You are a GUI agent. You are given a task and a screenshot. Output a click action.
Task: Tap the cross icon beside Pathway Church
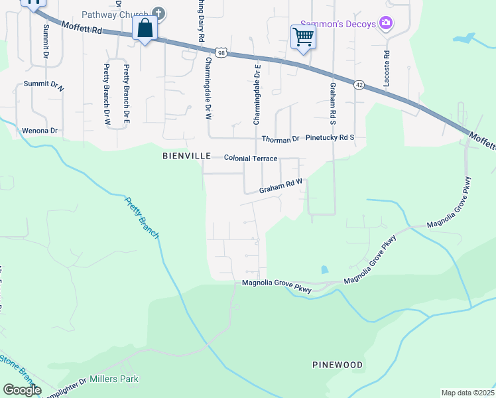[158, 13]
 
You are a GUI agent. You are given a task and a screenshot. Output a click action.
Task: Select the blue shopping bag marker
[145, 30]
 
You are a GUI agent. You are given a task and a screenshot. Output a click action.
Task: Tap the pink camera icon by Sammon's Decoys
[386, 25]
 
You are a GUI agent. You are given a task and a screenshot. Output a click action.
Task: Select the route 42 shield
[359, 84]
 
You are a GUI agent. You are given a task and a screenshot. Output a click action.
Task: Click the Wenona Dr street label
[40, 131]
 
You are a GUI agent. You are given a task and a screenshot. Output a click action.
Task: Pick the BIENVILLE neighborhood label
[186, 156]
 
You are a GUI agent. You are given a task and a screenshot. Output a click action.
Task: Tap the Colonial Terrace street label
[251, 158]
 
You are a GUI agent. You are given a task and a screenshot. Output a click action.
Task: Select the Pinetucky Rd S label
[330, 138]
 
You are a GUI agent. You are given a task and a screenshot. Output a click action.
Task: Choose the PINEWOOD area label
[338, 365]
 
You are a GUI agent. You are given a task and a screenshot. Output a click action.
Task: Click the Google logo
[22, 390]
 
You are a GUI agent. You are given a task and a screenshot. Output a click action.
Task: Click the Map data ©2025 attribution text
[467, 393]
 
